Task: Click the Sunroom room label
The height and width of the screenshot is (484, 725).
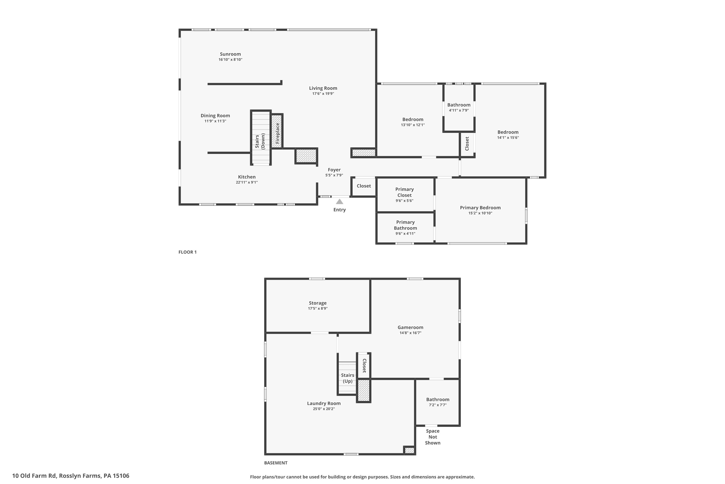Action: point(230,54)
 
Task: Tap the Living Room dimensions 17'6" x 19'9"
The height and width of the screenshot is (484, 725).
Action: point(323,93)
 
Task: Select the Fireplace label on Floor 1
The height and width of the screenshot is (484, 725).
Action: point(277,133)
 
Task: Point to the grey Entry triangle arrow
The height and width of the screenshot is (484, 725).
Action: point(339,202)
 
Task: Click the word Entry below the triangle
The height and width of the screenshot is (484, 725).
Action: point(339,210)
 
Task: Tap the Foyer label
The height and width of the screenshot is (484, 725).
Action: point(334,170)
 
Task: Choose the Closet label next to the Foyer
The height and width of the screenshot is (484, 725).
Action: point(364,186)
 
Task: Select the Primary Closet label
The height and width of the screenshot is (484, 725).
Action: point(404,192)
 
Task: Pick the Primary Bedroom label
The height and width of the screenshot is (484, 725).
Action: point(480,208)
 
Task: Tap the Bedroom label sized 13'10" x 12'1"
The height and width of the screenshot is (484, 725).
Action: point(413,120)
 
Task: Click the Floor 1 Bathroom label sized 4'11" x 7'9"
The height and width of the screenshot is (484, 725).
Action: point(459,105)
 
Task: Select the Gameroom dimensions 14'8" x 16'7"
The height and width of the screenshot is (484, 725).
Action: point(410,333)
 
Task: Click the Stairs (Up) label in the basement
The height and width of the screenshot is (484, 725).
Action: point(348,378)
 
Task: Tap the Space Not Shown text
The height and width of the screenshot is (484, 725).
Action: point(433,437)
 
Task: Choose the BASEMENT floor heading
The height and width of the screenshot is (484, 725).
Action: point(275,463)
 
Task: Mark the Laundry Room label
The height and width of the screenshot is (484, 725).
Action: point(324,403)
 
